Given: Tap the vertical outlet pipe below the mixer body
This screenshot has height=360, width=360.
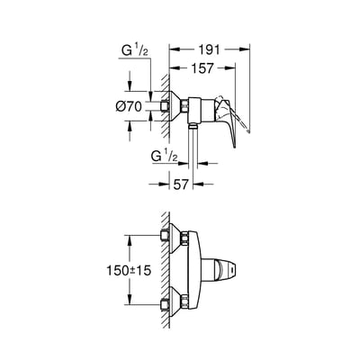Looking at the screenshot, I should tap(193, 144).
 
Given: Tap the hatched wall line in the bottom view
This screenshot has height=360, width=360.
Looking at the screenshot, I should tap(164, 270).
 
